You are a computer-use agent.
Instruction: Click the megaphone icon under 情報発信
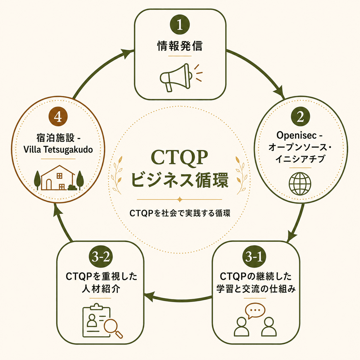pos(181,78)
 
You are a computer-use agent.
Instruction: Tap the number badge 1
pos(180,25)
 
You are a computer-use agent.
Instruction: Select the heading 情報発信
pos(180,46)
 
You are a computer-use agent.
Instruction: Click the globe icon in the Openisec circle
pos(300,184)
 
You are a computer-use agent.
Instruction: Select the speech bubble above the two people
pos(255,311)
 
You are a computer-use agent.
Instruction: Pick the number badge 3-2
pos(101,257)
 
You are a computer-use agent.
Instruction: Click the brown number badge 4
pos(58,117)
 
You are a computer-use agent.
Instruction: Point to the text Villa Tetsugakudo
pos(58,150)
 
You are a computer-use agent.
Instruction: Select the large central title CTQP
pos(179,158)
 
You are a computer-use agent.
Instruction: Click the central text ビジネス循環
pos(179,180)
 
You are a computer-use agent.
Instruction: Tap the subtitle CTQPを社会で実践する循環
pos(180,213)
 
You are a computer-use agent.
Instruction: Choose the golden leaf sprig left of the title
pos(117,175)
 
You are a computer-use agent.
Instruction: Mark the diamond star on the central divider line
pos(179,200)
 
